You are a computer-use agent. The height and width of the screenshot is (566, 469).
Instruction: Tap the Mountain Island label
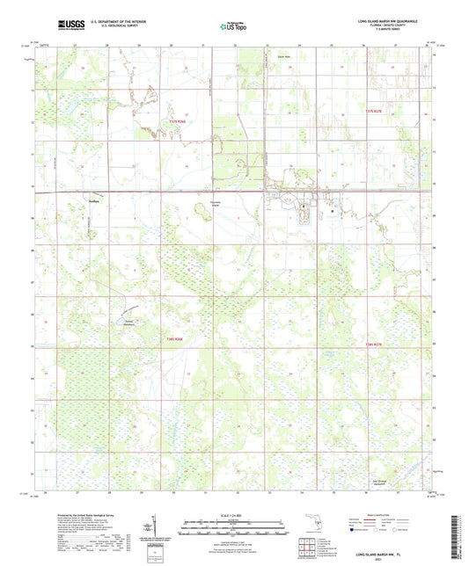[238, 204]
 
